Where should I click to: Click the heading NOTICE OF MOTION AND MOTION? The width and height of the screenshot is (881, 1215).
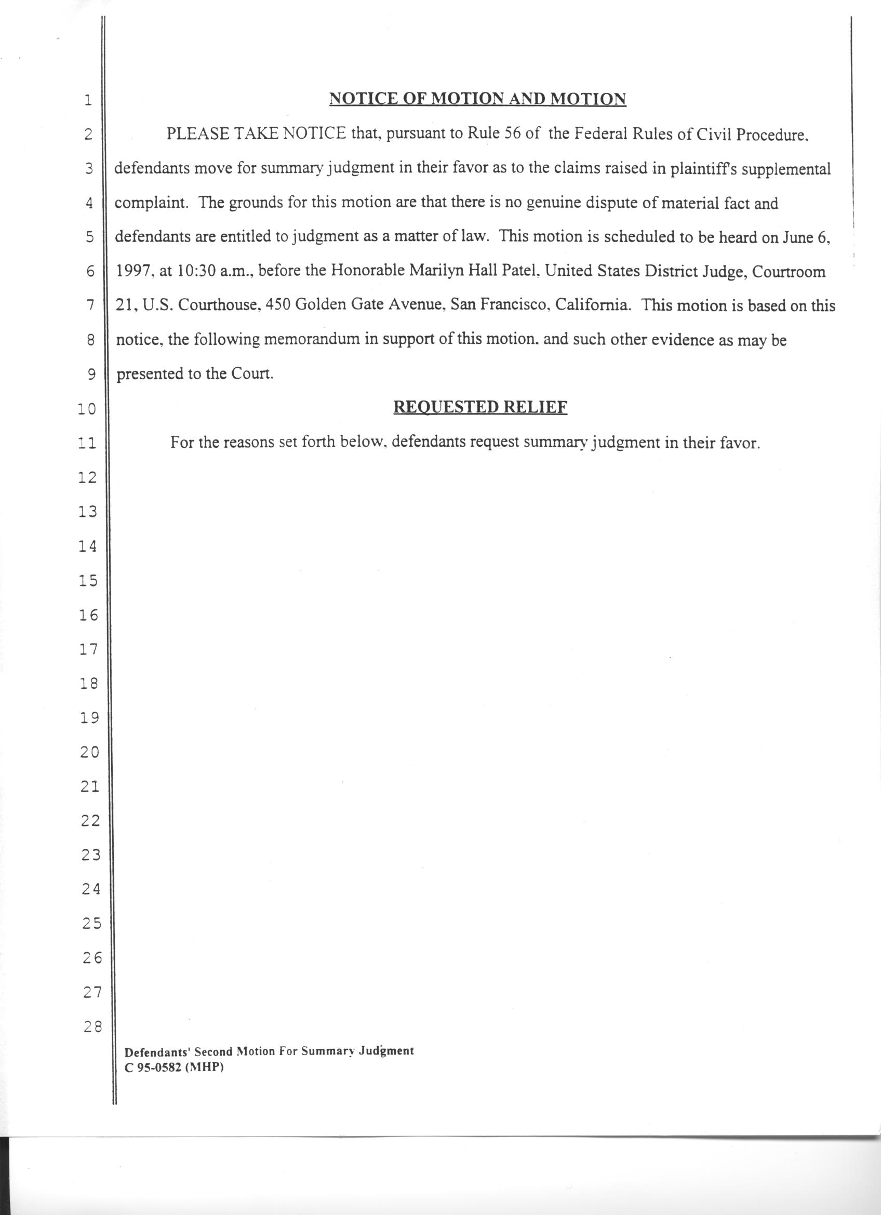point(477,99)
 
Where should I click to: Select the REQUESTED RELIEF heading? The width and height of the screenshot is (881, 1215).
point(480,407)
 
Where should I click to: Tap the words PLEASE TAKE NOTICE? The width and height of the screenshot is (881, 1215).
point(256,133)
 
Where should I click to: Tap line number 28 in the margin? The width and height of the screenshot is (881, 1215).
point(91,1027)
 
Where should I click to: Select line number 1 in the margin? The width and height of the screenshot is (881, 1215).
point(88,100)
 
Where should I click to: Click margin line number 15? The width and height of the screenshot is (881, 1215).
point(88,581)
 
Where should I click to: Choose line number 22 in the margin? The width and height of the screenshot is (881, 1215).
point(90,821)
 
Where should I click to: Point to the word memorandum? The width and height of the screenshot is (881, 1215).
point(312,340)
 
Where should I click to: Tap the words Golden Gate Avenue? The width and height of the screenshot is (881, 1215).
point(368,305)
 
